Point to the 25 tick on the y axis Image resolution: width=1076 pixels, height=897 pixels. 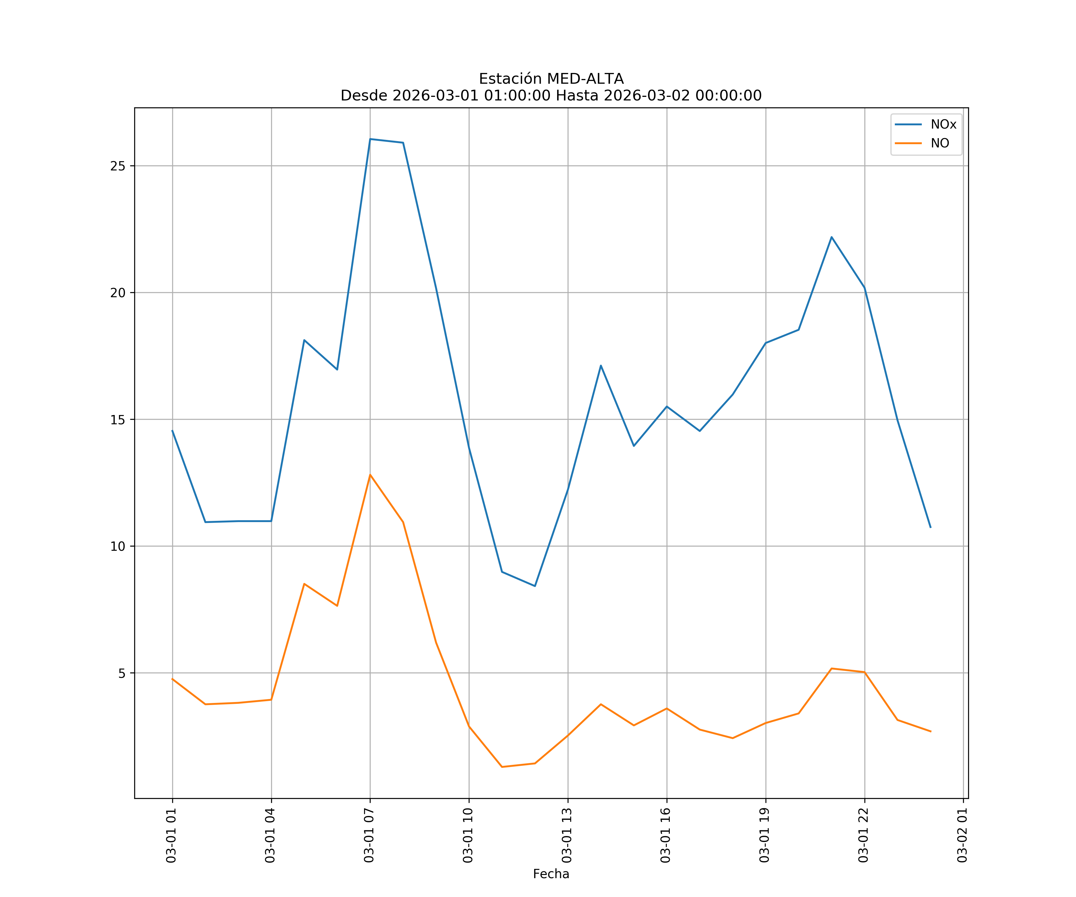(x=118, y=166)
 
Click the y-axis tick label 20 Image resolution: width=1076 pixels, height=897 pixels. (x=118, y=293)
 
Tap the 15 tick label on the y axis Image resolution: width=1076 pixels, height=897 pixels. (x=118, y=419)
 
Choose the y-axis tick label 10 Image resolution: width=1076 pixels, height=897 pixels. (x=118, y=546)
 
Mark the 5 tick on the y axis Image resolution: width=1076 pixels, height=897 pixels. (x=121, y=673)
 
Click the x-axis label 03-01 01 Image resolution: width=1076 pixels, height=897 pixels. (x=171, y=835)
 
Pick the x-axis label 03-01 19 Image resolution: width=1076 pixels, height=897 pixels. (x=765, y=835)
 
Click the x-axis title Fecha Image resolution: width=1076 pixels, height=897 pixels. (x=551, y=874)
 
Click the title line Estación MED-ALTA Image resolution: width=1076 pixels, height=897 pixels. (x=551, y=79)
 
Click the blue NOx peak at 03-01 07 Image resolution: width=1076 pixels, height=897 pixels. (x=370, y=139)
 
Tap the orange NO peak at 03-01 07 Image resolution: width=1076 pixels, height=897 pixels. (x=370, y=475)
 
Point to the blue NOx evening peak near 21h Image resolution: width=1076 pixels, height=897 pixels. (x=832, y=237)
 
